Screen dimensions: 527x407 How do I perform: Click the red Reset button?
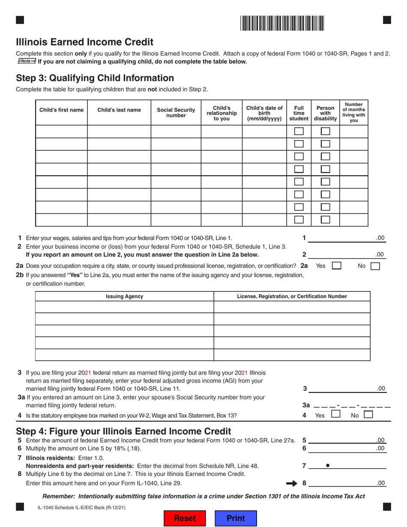pos(185,518)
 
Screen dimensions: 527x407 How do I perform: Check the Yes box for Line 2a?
pos(337,266)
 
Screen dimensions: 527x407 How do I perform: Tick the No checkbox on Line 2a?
pos(375,266)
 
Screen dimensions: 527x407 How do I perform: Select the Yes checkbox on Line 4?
pos(336,414)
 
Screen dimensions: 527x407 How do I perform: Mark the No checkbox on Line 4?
pos(368,414)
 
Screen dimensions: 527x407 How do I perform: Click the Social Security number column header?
pos(176,112)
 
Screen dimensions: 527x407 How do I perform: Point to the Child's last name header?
pos(119,110)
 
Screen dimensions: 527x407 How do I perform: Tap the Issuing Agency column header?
pos(124,296)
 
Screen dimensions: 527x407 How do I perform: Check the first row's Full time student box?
pos(299,132)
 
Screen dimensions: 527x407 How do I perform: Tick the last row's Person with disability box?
pos(326,220)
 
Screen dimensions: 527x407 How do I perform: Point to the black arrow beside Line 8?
pos(292,483)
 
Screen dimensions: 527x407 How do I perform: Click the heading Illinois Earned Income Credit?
pos(84,42)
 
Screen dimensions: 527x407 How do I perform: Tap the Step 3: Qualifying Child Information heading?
pos(95,78)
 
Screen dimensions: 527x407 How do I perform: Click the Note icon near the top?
pos(27,61)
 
